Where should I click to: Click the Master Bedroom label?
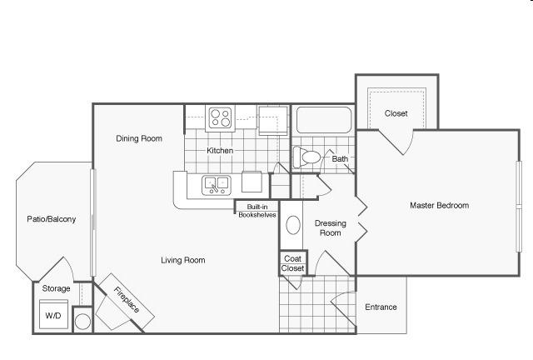tap(439, 206)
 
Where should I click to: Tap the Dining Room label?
tap(139, 138)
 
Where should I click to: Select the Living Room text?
tap(183, 260)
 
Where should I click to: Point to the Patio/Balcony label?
tap(52, 219)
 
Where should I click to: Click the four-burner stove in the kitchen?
tap(220, 117)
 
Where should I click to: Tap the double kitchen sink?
tap(217, 185)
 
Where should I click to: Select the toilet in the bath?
tap(307, 157)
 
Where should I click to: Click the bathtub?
tap(324, 120)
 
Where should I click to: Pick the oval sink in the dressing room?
tap(293, 225)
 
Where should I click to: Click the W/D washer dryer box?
tap(53, 315)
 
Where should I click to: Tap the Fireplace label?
tap(127, 300)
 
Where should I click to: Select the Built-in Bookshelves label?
tap(257, 211)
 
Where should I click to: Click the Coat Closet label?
tap(292, 263)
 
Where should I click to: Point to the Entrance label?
tap(381, 307)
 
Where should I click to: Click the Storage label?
tap(56, 288)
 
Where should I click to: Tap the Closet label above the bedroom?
tap(396, 113)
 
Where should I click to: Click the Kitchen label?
tap(220, 150)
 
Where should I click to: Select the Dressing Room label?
tap(331, 228)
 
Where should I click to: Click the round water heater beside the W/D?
tap(82, 321)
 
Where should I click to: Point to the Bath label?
tap(340, 159)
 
